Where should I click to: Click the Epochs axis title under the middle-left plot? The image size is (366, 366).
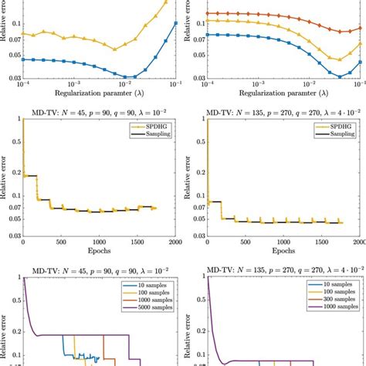coord(99,252)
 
